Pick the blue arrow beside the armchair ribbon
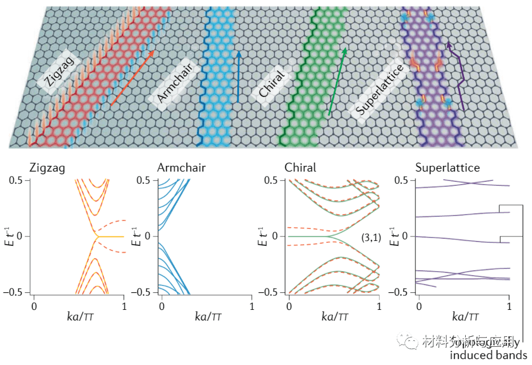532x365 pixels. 238,77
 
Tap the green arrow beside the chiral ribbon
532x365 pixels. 337,80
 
